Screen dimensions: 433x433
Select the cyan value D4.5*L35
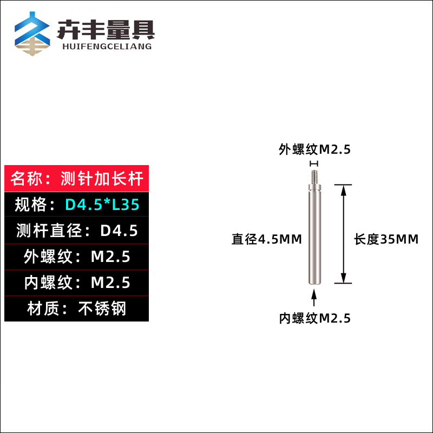coord(102,205)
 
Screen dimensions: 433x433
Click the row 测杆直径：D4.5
coord(76,231)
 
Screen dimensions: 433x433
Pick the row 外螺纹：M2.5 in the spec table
coord(76,257)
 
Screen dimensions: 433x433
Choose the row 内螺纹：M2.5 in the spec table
coord(76,283)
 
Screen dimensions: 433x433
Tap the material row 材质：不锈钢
coord(76,309)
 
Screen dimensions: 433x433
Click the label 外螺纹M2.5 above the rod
coord(314,149)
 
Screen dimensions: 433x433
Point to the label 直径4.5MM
coord(267,239)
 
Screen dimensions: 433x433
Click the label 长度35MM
coord(386,239)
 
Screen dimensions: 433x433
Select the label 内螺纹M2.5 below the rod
coord(314,318)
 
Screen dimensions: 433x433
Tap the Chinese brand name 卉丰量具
coord(106,29)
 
